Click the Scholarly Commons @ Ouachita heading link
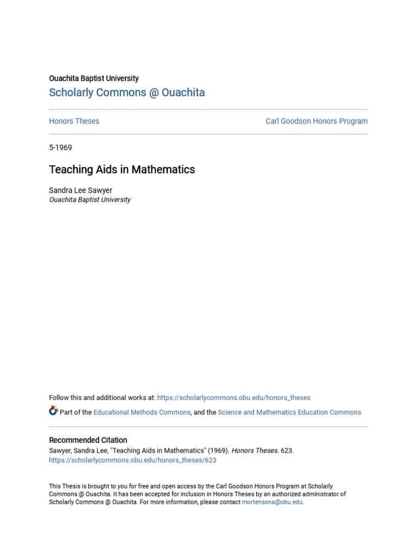point(127,92)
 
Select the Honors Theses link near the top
point(74,121)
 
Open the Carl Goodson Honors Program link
point(316,121)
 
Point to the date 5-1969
point(60,147)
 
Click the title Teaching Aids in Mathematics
point(122,170)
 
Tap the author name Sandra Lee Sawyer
point(80,190)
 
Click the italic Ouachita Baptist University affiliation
point(90,200)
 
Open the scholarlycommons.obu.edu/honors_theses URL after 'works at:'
point(233,398)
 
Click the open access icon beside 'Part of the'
point(53,411)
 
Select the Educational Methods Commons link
point(142,412)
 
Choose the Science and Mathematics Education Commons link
point(289,412)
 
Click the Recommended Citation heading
point(88,440)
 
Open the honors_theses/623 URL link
point(132,460)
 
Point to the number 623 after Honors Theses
point(286,450)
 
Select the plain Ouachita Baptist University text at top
point(93,78)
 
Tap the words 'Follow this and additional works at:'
point(102,398)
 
